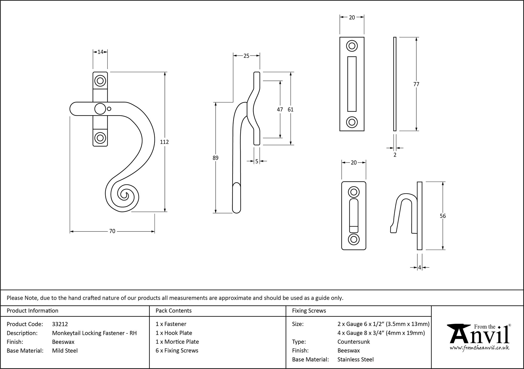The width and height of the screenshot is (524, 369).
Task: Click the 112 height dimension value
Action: (x=164, y=142)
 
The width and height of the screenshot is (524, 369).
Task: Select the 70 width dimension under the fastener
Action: (x=112, y=231)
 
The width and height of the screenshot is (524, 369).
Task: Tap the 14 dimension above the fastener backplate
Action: (x=100, y=52)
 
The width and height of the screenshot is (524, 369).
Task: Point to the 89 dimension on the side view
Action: (x=215, y=158)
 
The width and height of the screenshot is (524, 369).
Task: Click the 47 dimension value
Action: (x=280, y=109)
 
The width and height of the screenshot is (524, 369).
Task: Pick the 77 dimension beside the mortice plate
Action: (x=416, y=84)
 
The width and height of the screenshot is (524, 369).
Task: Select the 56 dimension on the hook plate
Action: (x=443, y=216)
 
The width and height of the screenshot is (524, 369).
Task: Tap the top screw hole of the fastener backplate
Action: (x=100, y=81)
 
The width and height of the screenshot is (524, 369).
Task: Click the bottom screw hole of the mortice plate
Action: (x=352, y=122)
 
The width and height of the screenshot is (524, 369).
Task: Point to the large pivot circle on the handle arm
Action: (x=100, y=109)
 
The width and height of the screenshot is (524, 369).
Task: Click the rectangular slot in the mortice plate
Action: (x=352, y=84)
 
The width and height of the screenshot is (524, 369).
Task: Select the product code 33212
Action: (x=60, y=324)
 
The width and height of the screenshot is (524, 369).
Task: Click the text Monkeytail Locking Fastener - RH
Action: (x=94, y=333)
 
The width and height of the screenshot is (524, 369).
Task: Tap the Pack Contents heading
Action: (x=173, y=311)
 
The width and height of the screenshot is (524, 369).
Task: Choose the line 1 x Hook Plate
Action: (x=174, y=333)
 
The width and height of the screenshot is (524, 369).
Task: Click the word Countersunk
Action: (x=353, y=342)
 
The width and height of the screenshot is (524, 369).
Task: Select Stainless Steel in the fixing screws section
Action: (x=355, y=360)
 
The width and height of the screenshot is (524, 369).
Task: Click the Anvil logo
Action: (x=479, y=335)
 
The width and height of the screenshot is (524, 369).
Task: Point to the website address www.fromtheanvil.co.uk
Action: (x=479, y=348)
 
